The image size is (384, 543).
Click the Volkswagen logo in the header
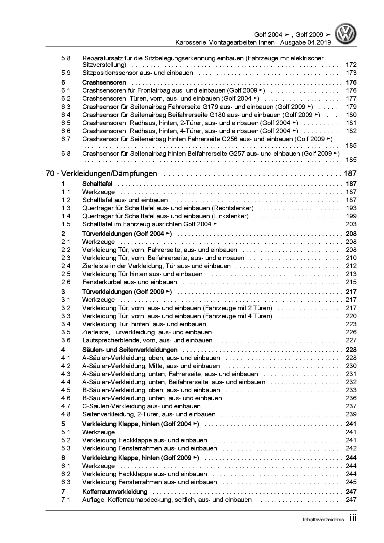pyautogui.click(x=347, y=35)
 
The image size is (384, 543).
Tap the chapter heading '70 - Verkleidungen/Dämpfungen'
pyautogui.click(x=101, y=174)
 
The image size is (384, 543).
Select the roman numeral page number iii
pyautogui.click(x=352, y=518)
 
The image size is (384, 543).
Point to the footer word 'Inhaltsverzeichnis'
pyautogui.click(x=323, y=520)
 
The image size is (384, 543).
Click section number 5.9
pyautogui.click(x=66, y=73)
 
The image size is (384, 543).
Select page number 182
pyautogui.click(x=351, y=131)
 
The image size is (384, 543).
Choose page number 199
pyautogui.click(x=351, y=216)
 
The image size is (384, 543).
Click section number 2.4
pyautogui.click(x=66, y=266)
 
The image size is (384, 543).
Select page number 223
pyautogui.click(x=351, y=324)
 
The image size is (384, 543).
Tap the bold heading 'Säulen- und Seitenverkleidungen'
pyautogui.click(x=130, y=350)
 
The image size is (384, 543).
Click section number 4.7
pyautogui.click(x=66, y=406)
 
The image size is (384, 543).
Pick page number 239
pyautogui.click(x=351, y=414)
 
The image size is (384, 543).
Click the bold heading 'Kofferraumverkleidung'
pyautogui.click(x=115, y=492)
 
